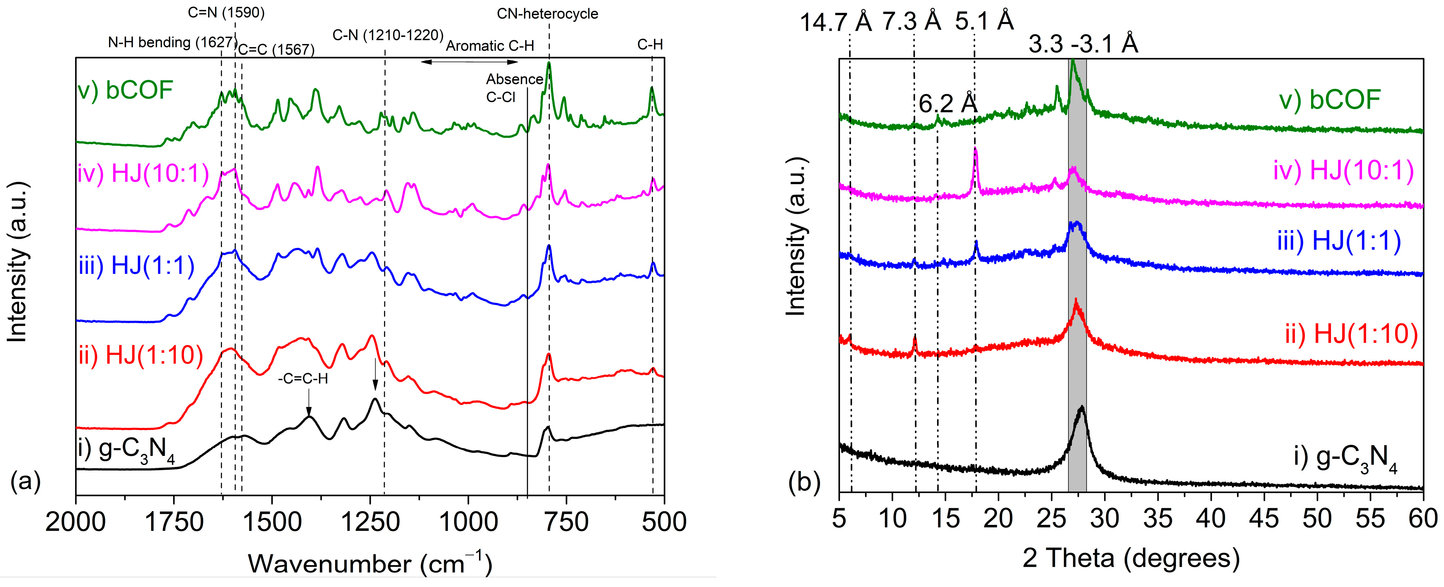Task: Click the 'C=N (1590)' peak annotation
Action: tap(226, 12)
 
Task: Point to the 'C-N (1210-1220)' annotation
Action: tap(388, 35)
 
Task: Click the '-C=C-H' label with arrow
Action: tap(303, 379)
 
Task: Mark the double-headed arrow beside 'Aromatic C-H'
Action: tap(458, 62)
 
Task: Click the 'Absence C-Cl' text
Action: tap(507, 88)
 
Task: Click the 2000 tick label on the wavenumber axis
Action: tap(76, 522)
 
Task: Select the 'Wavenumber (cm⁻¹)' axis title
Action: tap(370, 563)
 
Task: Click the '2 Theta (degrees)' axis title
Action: tap(1130, 558)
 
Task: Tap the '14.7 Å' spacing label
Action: tap(835, 22)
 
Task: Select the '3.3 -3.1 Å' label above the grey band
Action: tap(1083, 44)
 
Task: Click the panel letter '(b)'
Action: tap(804, 482)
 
